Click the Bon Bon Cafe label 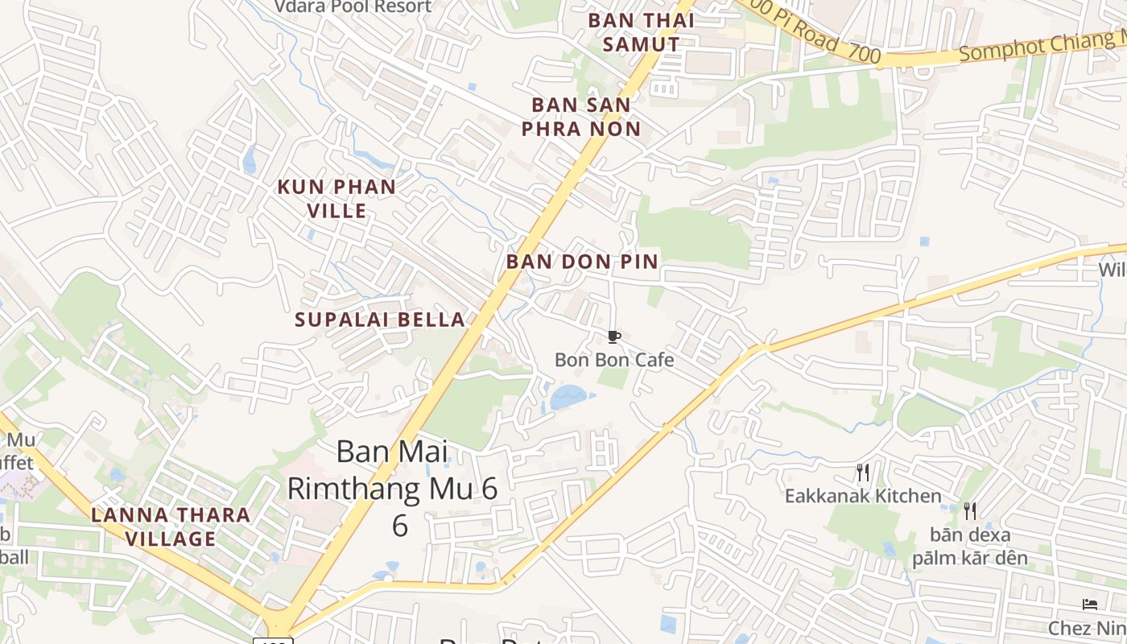[614, 360]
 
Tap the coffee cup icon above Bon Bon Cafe [614, 336]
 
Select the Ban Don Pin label [582, 262]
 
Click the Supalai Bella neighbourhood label [380, 320]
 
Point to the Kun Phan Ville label [336, 199]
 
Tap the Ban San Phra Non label [581, 117]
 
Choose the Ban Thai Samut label [641, 32]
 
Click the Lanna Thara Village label [171, 526]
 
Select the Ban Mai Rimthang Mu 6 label [394, 487]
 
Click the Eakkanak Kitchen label [863, 496]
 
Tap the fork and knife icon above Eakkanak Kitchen [863, 472]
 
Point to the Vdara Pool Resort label [353, 7]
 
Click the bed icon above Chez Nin [1090, 605]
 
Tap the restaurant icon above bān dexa [970, 510]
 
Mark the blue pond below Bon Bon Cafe [569, 397]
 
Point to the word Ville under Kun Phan [336, 211]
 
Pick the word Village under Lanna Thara [171, 539]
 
